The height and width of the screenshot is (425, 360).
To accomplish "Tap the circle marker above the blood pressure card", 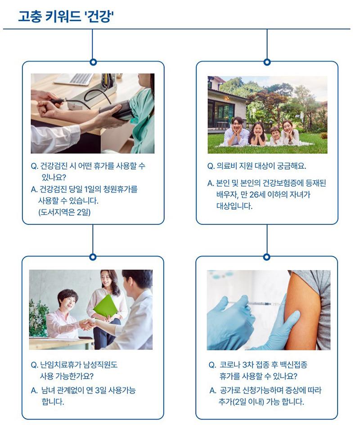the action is click(93, 62).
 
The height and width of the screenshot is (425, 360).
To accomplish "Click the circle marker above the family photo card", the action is click(267, 62).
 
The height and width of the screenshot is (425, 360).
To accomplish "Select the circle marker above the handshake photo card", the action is click(93, 257).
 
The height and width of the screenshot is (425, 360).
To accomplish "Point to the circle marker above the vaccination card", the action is click(267, 257).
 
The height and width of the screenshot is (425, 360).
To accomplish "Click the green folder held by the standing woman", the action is click(106, 307).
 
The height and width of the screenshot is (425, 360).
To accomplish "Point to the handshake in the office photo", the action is click(87, 324).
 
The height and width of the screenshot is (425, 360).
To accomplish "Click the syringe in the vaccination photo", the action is click(255, 303).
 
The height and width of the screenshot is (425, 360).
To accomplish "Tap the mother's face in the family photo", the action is click(287, 128).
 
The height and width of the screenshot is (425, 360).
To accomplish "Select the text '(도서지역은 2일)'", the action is click(64, 212).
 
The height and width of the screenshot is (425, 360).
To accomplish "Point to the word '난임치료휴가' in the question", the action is click(57, 365).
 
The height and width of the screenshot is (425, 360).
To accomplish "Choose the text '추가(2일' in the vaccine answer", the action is click(232, 402).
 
